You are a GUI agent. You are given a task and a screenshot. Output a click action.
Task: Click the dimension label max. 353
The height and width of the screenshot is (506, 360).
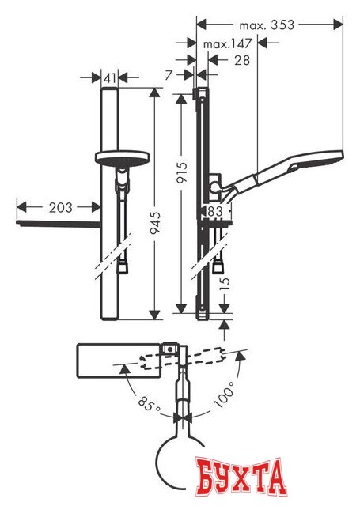tap(267, 25)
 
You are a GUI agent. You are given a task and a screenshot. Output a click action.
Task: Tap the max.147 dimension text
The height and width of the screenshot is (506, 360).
tap(227, 43)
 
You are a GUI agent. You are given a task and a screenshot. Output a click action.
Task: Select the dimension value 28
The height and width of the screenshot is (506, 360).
tap(242, 60)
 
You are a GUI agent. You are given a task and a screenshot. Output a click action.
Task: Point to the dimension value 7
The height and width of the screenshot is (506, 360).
tap(169, 75)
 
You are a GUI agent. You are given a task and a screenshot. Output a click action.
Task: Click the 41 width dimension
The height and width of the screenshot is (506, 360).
tap(110, 77)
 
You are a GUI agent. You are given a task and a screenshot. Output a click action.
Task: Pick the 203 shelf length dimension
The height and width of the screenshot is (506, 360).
tap(61, 207)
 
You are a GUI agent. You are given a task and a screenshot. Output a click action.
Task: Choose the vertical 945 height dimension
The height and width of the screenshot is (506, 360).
tap(156, 223)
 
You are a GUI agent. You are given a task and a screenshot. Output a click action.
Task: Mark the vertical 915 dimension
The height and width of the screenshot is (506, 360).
tap(182, 172)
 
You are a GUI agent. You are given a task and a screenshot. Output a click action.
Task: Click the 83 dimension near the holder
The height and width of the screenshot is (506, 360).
tap(215, 211)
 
